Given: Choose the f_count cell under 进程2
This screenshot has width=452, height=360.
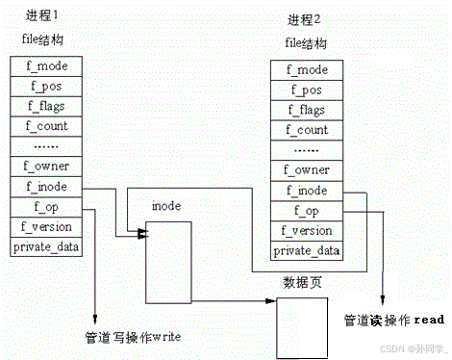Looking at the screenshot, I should pos(308,129).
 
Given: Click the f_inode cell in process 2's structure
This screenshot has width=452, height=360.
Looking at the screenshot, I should pos(308,190).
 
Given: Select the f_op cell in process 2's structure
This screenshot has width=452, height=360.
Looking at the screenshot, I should pos(308,210).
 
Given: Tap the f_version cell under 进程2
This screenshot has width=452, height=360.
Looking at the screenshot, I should pos(308,230).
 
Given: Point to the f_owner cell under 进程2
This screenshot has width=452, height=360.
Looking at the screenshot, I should pos(308,169).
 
